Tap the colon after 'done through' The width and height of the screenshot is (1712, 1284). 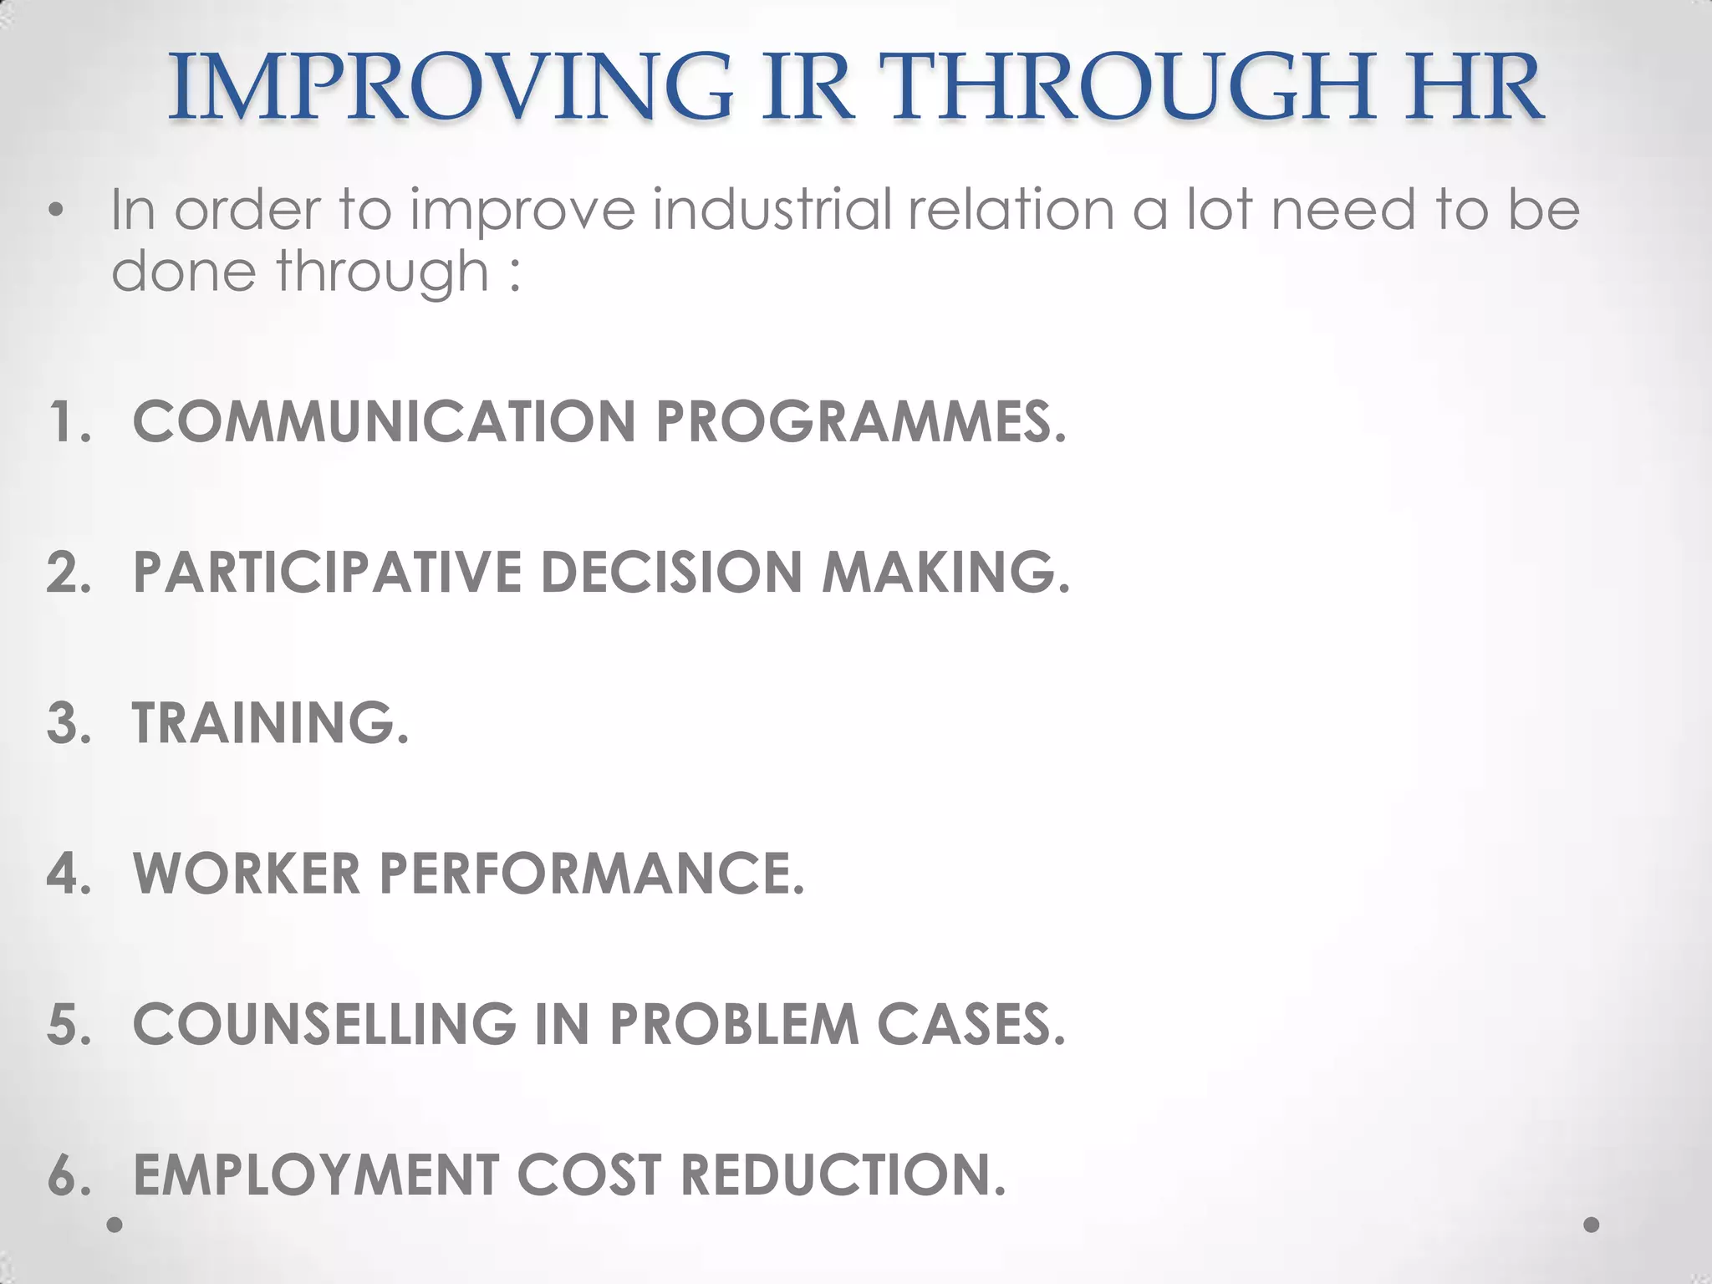[514, 273]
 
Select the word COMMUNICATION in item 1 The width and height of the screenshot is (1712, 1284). [385, 421]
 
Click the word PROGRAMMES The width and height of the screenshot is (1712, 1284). [861, 421]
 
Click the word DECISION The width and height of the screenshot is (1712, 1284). [672, 573]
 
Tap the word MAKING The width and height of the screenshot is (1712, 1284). [945, 573]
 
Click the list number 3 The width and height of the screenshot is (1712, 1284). [67, 723]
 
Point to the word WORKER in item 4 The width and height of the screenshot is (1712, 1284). [247, 874]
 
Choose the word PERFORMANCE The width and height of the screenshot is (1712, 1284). [591, 874]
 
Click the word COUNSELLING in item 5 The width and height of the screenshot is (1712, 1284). [325, 1024]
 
